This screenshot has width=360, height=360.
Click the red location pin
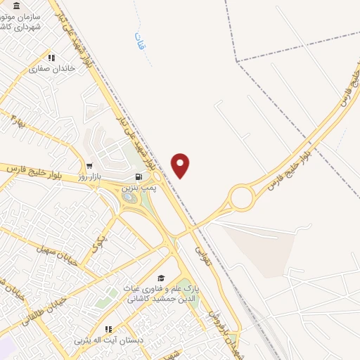pos(181,166)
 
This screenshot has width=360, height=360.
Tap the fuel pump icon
pos(137,176)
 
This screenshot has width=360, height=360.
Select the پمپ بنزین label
pos(136,188)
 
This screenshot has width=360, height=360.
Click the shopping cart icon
pos(89,165)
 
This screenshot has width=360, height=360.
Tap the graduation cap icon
pos(161,278)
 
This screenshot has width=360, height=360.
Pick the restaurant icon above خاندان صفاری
pos(50,58)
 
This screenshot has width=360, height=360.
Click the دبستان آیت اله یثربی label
pos(109,340)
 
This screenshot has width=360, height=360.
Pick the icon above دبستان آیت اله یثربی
pos(109,329)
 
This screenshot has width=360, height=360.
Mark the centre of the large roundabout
pos(242,198)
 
